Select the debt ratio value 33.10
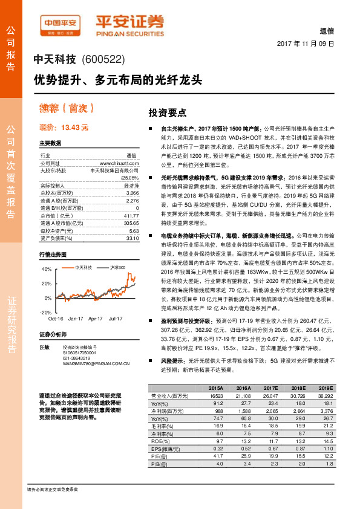133,238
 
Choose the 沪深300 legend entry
117,267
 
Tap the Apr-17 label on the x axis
96,317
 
